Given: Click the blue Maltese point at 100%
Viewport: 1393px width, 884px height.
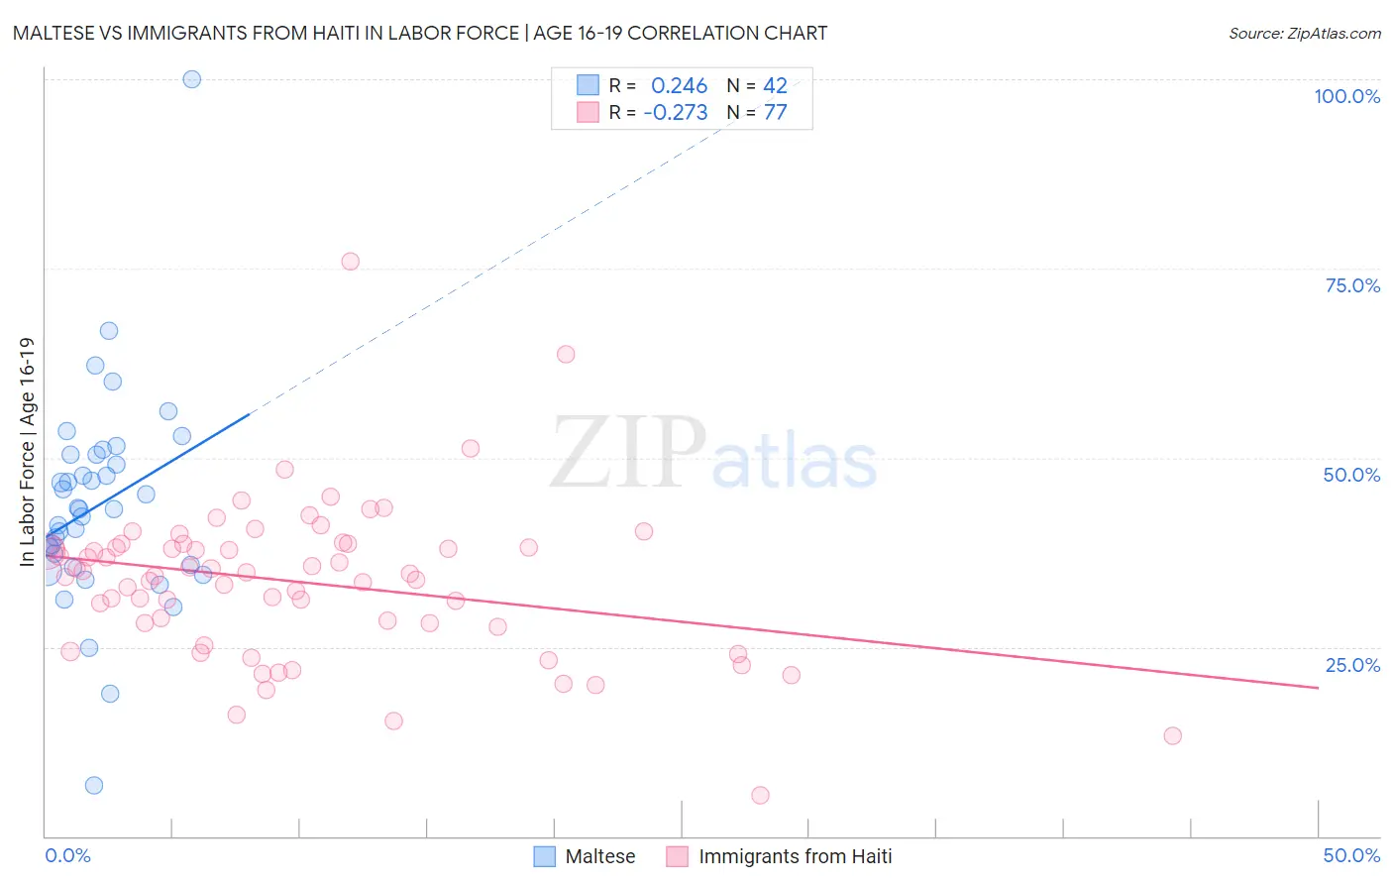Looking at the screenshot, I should [x=192, y=79].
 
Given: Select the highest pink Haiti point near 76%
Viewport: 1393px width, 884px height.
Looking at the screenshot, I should [x=350, y=262].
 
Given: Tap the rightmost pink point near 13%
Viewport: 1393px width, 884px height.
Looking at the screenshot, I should [x=1172, y=735].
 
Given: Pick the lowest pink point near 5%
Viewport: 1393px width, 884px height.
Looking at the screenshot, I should [x=760, y=795].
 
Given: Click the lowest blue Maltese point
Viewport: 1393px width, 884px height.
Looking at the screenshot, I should [x=94, y=785].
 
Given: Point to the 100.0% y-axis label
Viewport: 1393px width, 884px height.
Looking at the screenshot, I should [x=1346, y=96].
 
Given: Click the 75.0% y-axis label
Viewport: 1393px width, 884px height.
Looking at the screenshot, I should [x=1352, y=285].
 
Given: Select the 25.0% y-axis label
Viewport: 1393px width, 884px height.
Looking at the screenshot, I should [x=1352, y=665].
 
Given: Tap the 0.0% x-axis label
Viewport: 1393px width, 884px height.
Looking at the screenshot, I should [x=67, y=855].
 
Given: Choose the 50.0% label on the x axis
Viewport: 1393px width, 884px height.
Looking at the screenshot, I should [x=1351, y=855].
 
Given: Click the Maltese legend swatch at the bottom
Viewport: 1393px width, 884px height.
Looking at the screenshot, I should [x=544, y=856].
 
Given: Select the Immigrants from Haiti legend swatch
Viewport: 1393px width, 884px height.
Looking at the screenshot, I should [x=677, y=856].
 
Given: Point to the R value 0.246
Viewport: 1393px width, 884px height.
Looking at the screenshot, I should [x=679, y=86].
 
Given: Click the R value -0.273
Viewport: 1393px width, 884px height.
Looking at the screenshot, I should [x=675, y=113].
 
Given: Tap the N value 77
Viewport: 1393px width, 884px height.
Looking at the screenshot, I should [x=775, y=113].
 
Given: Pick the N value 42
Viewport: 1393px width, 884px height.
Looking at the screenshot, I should [x=775, y=86].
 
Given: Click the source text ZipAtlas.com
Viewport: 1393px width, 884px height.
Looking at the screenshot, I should [x=1305, y=33].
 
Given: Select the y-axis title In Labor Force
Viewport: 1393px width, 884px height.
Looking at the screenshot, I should [x=27, y=452].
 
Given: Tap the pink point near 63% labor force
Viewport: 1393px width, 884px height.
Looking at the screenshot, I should [x=566, y=354].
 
